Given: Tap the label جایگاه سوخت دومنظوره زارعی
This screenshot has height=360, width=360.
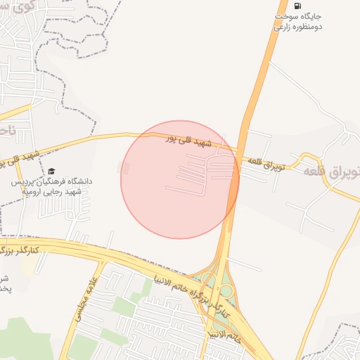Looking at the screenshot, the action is click(297, 21).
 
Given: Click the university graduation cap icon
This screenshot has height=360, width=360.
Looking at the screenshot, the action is click(51, 171).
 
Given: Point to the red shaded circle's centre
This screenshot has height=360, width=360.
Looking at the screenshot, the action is click(180, 179).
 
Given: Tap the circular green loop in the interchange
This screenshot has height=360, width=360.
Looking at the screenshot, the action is click(226, 290).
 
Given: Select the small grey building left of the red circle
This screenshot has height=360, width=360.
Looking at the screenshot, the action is click(124, 167).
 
